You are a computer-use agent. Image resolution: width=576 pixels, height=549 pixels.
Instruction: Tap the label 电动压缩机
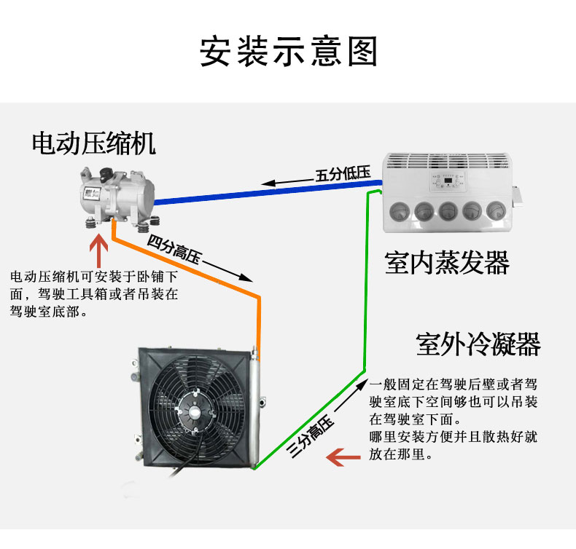pos(94,143)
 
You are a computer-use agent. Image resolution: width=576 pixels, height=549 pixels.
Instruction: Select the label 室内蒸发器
pos(447,262)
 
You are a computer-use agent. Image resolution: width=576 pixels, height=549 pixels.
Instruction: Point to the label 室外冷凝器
pos(478,344)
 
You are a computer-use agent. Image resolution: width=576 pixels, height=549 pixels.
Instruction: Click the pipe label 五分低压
pos(343,174)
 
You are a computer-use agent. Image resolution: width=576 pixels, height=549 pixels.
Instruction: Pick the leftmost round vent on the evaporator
pos(400,212)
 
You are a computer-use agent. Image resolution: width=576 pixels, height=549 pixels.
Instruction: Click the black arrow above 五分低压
pos(288,182)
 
